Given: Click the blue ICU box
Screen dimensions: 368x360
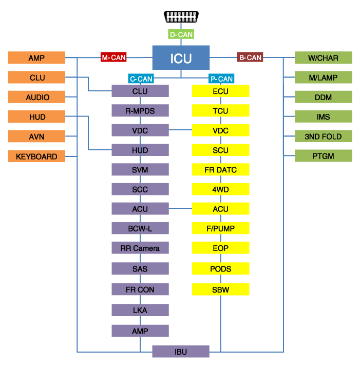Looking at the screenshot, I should [181, 58].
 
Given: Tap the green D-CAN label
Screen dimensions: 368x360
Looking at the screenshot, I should [181, 35].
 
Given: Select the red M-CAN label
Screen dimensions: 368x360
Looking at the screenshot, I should [113, 57].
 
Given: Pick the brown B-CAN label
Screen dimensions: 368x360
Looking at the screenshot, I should [250, 57].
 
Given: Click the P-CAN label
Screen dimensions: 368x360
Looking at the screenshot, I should [221, 79].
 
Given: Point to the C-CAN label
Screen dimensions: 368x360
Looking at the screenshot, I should [141, 79].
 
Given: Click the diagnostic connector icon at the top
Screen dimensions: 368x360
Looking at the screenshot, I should [181, 17].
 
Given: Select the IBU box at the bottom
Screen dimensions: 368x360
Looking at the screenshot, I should [181, 352].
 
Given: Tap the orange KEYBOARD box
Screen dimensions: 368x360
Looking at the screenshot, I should [37, 156].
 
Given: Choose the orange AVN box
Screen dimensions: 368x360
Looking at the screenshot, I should [37, 137].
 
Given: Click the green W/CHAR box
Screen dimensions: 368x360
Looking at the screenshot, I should [323, 58].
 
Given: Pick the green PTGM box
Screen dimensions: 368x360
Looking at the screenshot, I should [323, 156].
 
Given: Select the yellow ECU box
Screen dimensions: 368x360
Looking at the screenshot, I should [220, 91].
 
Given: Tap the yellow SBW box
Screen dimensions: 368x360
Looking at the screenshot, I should [220, 289].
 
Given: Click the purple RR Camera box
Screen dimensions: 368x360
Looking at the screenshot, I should [140, 248].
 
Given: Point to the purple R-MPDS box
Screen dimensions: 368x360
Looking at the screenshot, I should [140, 110].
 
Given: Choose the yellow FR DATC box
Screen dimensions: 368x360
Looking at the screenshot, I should [220, 170].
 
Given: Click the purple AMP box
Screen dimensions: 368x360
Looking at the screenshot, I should [140, 331].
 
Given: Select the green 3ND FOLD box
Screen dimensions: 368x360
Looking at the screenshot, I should [323, 137].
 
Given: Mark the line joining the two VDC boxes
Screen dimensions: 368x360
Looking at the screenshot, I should [180, 130].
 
